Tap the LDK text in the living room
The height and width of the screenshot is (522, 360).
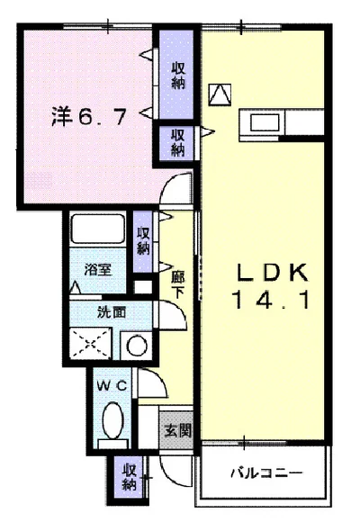(x=272, y=273)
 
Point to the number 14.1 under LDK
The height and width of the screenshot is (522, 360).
(x=272, y=300)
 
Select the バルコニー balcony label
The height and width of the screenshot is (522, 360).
(x=266, y=472)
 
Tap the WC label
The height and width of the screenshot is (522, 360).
(x=112, y=386)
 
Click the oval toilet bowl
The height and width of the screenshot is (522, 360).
(x=112, y=419)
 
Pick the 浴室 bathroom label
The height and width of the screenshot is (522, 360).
(x=97, y=269)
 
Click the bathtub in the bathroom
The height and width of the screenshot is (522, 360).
(x=97, y=229)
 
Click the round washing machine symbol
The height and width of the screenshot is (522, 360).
(x=137, y=346)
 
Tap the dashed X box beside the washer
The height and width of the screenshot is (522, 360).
(x=90, y=344)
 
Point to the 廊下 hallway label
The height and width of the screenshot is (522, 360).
(x=178, y=283)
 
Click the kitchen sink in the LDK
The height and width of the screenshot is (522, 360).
(x=265, y=122)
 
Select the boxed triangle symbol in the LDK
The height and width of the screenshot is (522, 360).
(x=220, y=94)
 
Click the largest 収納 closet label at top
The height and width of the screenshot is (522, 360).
(x=178, y=76)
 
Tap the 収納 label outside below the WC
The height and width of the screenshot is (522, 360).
(x=130, y=478)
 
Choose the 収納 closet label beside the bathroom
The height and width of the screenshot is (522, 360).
(x=143, y=240)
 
